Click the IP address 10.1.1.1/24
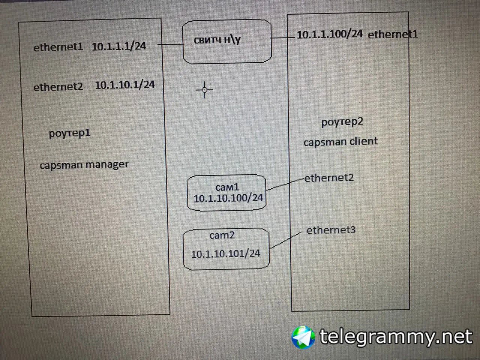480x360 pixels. tap(119, 46)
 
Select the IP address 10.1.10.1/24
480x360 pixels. tap(125, 85)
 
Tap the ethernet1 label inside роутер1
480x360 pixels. tap(58, 47)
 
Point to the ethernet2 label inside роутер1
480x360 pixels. tap(58, 87)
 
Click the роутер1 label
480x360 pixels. tap(69, 133)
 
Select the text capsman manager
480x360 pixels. tap(84, 165)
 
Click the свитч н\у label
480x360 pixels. tap(217, 40)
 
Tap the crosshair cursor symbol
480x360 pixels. tap(204, 90)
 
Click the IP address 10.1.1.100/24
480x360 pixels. tap(330, 34)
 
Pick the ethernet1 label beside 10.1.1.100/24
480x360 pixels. tap(393, 34)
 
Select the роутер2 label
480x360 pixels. tap(342, 122)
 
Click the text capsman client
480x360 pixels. tap(341, 141)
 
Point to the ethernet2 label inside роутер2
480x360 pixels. tap(329, 178)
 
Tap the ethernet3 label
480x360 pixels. tap(331, 230)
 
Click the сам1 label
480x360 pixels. tap(227, 187)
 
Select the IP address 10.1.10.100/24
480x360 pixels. tap(228, 198)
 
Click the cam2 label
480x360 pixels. tap(222, 235)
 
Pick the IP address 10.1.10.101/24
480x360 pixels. tap(226, 254)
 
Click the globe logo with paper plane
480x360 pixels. tap(303, 337)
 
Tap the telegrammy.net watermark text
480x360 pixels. tap(396, 337)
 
